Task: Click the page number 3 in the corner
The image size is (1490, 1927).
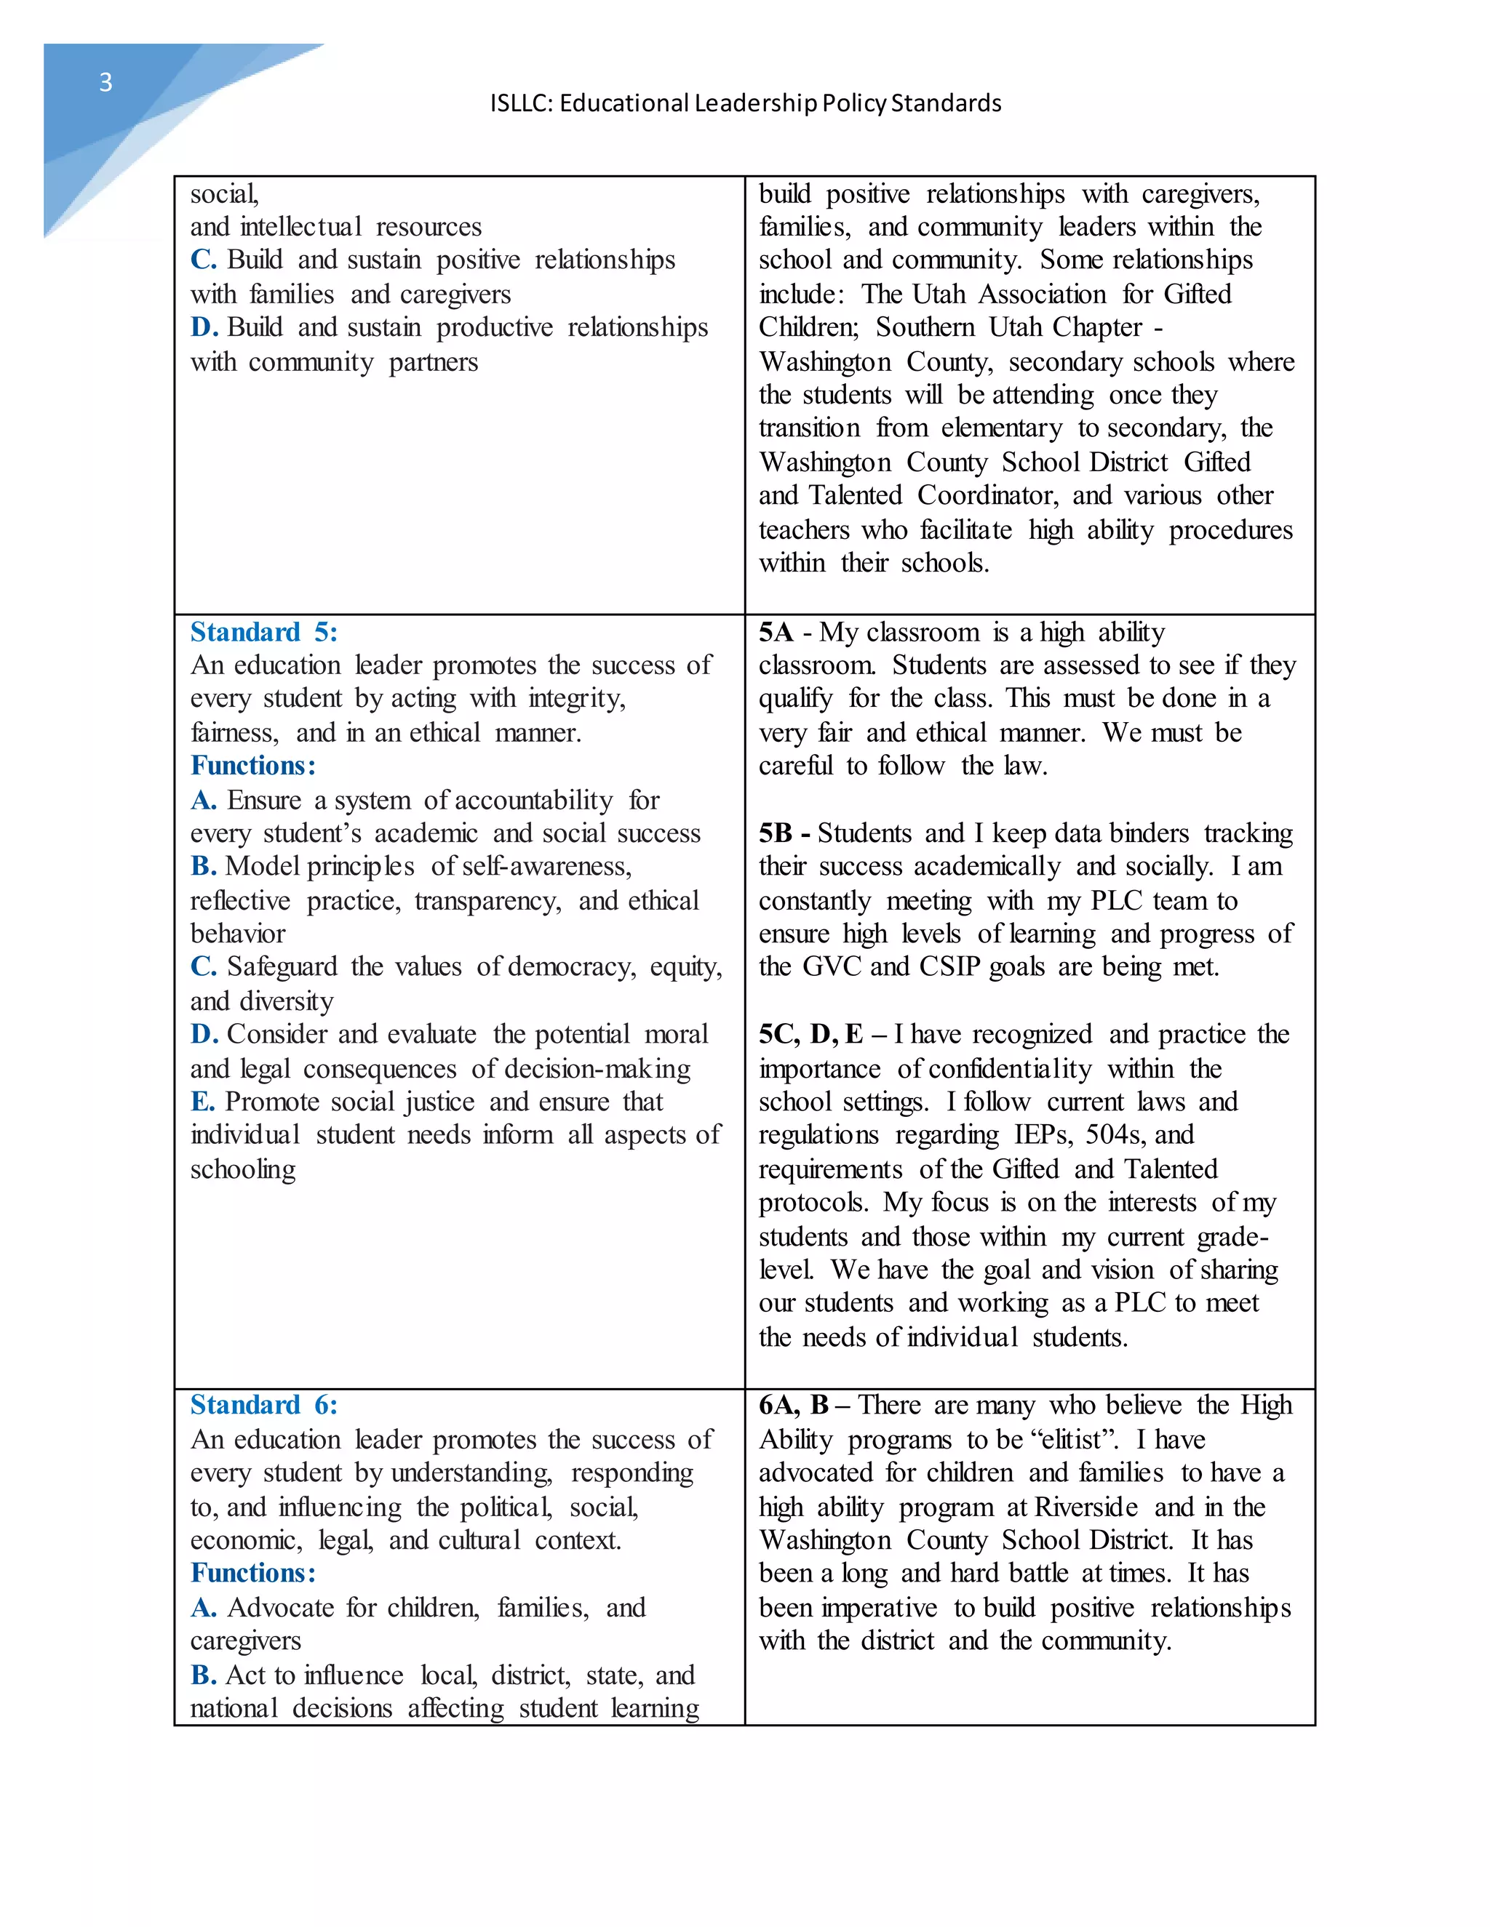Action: pos(105,83)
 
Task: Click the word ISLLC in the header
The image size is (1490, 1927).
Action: pos(520,103)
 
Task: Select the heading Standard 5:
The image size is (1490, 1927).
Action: pos(263,632)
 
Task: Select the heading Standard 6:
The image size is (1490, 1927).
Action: pos(263,1405)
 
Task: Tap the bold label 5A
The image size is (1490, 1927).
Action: pos(775,632)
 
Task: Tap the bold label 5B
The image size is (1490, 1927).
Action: pos(777,833)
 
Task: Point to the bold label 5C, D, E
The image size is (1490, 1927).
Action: pos(810,1034)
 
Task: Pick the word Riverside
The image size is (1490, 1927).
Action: pos(1087,1507)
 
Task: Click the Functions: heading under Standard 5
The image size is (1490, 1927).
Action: pos(252,766)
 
